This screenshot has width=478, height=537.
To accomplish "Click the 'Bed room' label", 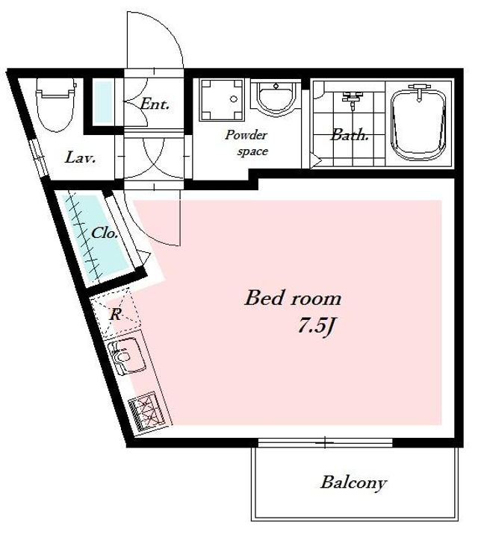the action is pos(294,298).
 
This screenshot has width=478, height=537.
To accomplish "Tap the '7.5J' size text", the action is pos(315,327).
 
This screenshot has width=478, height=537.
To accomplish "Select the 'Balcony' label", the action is pos(353,483).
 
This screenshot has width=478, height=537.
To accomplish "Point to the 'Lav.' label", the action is pos(80,158).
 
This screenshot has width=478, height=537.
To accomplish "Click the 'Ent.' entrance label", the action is pos(155,104).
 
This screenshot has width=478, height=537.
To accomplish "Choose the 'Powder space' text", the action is pos(246,142).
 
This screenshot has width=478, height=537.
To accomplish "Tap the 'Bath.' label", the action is pos(350,135).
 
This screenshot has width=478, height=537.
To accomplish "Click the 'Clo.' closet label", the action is pos(105,233).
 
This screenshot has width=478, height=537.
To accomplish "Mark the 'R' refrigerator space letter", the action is pos(115,314).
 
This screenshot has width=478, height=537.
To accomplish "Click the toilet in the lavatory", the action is pos(55,104).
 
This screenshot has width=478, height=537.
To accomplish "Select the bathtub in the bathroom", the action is pos(419,123).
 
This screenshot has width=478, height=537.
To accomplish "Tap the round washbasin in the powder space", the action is pos(276,98).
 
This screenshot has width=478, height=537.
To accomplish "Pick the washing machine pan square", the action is pos(222,100).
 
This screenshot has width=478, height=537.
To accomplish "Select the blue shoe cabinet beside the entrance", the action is pos(103,102).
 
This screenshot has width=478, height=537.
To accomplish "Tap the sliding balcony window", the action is pos(325,442).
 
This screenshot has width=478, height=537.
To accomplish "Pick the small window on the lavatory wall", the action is pos(38,159).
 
